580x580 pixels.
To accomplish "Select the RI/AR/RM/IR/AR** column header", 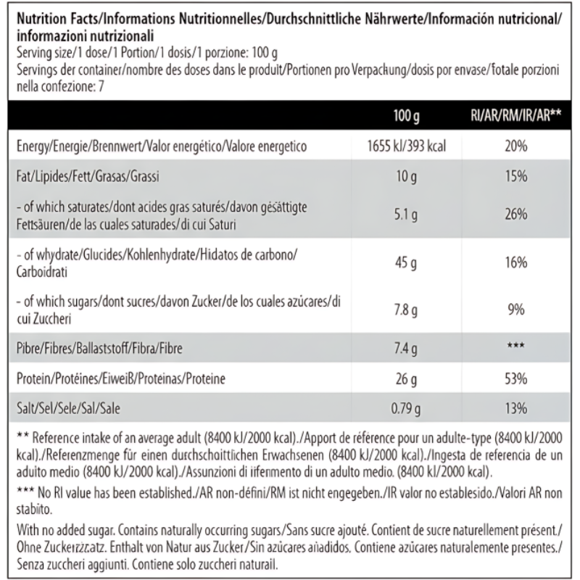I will point(516,115).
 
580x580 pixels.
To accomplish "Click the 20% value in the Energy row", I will point(516,147).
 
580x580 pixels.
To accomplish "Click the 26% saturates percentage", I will point(516,215).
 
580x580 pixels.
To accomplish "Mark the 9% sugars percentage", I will point(516,311).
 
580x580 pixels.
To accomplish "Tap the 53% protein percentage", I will point(516,379).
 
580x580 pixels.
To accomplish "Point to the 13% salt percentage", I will point(516,410).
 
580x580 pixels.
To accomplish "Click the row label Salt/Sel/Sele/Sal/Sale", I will point(69,410).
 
